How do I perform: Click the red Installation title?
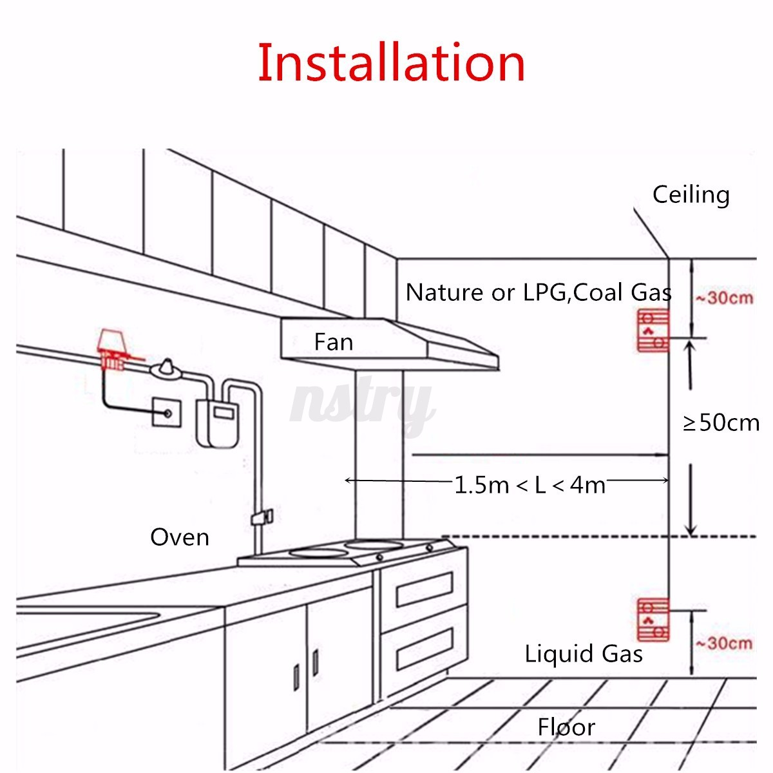click(x=391, y=62)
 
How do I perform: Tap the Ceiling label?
click(x=691, y=195)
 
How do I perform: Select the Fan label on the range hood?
click(x=333, y=342)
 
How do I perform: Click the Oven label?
click(x=180, y=537)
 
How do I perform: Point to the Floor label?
click(x=566, y=727)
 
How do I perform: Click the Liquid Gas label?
click(x=584, y=654)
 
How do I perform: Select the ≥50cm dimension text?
click(x=721, y=423)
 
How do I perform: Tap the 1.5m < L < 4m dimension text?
click(x=530, y=485)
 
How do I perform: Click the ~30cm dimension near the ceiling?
click(x=724, y=298)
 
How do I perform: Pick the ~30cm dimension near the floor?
click(x=724, y=643)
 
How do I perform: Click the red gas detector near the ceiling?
click(x=653, y=331)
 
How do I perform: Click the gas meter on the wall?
click(x=217, y=423)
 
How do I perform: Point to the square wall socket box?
click(x=166, y=412)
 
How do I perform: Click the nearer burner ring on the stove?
click(x=319, y=553)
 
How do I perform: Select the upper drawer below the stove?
click(x=425, y=589)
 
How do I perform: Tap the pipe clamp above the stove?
click(x=262, y=518)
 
